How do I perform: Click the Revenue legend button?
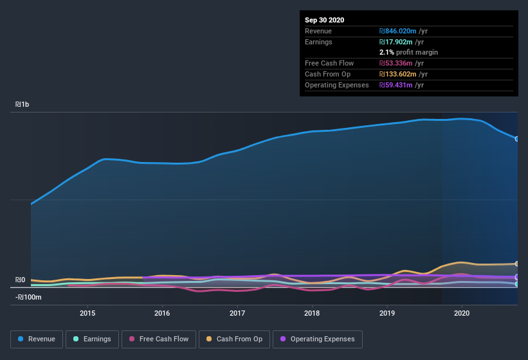click(x=37, y=339)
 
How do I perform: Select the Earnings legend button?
click(x=91, y=339)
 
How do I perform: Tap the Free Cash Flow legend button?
click(x=158, y=339)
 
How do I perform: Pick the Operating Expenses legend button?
click(x=318, y=339)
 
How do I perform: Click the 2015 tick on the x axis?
click(x=87, y=313)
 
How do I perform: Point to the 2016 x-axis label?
click(x=162, y=313)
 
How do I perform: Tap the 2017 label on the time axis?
click(x=237, y=313)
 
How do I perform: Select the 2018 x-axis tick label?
click(x=312, y=313)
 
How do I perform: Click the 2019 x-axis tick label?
click(x=387, y=313)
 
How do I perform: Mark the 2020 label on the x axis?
click(x=462, y=313)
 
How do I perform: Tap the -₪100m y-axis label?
click(x=28, y=297)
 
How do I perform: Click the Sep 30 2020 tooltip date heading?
click(x=325, y=20)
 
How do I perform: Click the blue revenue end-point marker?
click(x=517, y=139)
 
